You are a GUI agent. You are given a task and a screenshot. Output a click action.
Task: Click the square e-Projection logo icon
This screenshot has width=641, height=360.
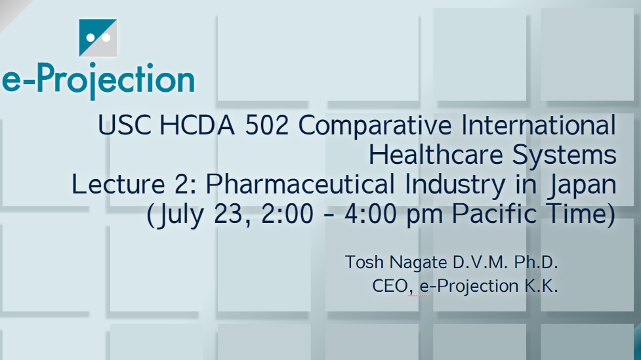coord(98,37)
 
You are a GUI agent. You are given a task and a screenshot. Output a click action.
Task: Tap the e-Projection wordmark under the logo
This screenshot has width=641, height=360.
coord(98,81)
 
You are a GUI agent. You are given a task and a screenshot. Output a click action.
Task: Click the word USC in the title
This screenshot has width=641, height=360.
coord(124,125)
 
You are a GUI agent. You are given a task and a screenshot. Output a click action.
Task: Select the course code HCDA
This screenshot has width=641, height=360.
coord(197,125)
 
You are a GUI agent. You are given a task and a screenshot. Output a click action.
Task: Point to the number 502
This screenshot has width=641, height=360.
coord(267,125)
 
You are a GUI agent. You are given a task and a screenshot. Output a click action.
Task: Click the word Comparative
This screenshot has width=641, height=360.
coord(375,126)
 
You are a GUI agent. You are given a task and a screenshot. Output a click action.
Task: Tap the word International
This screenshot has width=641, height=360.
coord(539,125)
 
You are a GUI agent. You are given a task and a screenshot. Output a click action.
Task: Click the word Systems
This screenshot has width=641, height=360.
coord(564,155)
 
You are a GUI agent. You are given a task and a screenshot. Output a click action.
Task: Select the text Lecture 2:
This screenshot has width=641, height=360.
coord(134,184)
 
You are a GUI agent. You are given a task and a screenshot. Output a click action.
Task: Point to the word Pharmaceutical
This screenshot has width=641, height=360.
coord(300,184)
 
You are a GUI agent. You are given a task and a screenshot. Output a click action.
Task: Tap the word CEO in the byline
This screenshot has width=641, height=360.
coord(390,287)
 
